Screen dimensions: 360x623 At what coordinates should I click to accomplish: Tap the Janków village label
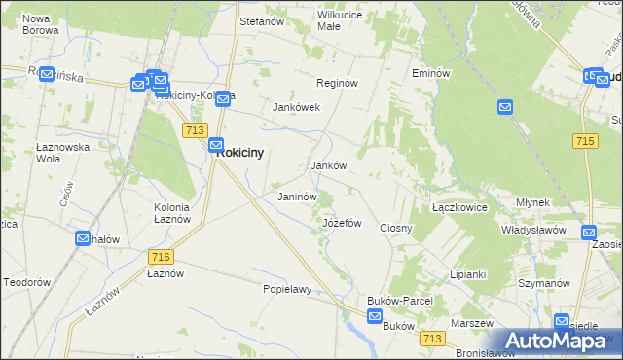(329, 166)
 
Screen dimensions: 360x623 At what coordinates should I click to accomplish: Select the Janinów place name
(298, 197)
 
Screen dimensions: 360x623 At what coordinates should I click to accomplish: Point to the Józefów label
(342, 223)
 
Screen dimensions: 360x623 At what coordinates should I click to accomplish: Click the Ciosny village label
(396, 228)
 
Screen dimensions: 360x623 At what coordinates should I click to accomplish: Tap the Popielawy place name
(286, 289)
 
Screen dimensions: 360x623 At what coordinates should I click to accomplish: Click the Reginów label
(337, 84)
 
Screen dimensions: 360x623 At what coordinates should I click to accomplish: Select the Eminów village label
(430, 73)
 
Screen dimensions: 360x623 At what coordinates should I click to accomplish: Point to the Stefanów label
(261, 19)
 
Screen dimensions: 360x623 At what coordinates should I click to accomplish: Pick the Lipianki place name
(467, 274)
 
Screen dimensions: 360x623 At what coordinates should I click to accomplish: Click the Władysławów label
(533, 230)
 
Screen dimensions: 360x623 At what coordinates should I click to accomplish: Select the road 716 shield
(162, 256)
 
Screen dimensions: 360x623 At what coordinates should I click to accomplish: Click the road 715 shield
(585, 141)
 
